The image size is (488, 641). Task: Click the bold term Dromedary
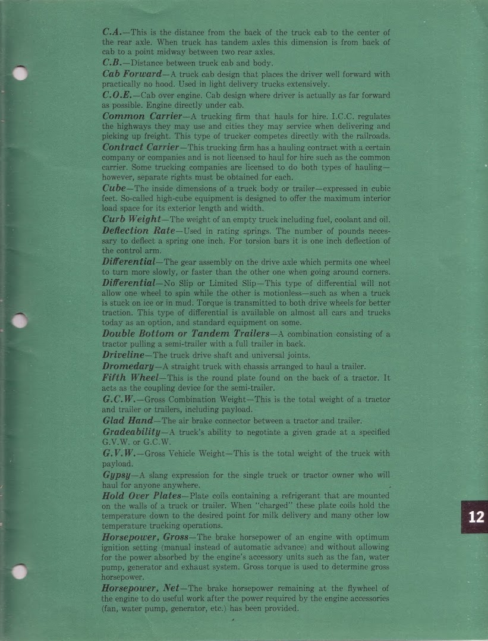127,366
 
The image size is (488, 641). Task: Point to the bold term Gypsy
116,476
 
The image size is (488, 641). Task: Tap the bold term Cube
114,188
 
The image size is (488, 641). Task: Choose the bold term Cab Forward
132,74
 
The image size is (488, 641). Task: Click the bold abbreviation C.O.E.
117,95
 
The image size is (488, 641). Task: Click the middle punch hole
20,321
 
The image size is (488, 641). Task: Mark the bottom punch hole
20,571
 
